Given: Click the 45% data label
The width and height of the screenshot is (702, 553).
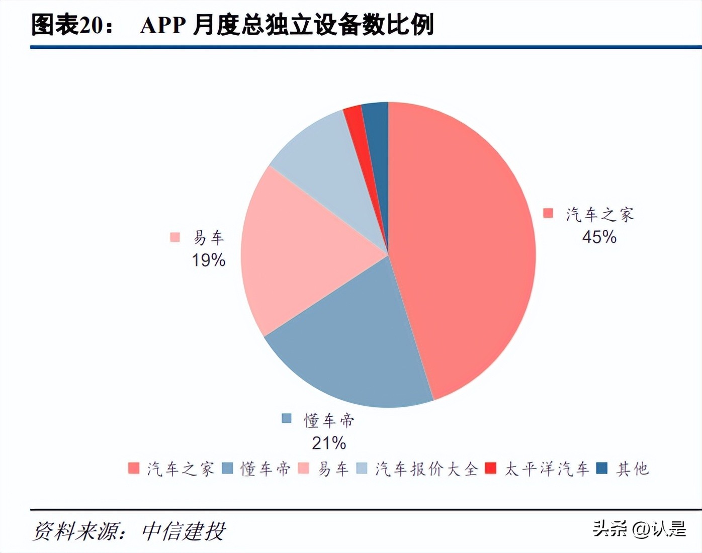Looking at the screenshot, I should pos(599,237).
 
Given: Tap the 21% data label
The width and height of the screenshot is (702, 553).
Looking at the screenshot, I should pos(329,443).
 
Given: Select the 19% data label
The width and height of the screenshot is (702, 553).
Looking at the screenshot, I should pos(208,260).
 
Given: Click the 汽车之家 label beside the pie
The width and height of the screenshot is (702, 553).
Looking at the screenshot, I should pos(599,215).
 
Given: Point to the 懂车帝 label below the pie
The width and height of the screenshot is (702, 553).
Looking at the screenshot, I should pos(329,420).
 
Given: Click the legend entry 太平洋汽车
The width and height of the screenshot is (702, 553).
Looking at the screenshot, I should pos(547,469).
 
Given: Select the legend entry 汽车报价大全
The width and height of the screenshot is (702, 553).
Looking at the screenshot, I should pos(426,469).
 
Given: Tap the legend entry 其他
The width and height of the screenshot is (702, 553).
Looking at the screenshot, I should pos(632,469).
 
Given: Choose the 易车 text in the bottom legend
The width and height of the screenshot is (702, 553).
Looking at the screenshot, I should pos(333,469).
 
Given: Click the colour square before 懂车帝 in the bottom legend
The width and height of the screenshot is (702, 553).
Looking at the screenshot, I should pos(227,469).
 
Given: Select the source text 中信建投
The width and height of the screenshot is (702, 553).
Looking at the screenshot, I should pos(184,531).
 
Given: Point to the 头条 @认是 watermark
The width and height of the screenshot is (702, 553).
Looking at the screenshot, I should pos(639,529).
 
